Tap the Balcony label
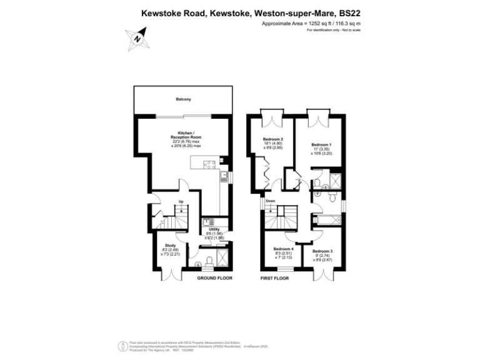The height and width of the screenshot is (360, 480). [183, 99]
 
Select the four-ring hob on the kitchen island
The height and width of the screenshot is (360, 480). [210, 166]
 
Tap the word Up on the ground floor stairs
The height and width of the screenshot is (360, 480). [181, 201]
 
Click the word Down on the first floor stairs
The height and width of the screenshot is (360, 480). [270, 201]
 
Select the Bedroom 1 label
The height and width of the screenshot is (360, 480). [321, 145]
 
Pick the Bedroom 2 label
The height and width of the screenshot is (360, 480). [273, 139]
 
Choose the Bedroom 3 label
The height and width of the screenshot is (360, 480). [322, 251]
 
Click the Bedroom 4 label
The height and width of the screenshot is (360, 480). [283, 249]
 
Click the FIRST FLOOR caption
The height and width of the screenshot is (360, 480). [274, 277]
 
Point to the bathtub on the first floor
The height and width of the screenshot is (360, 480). [327, 219]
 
